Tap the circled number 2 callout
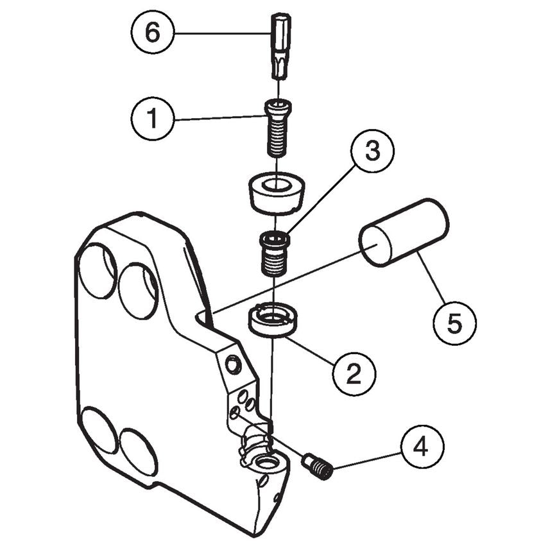click(x=354, y=373)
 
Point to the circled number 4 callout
click(x=420, y=447)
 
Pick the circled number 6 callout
click(x=151, y=33)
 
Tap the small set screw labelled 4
click(x=317, y=467)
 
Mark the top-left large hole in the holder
click(x=97, y=271)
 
